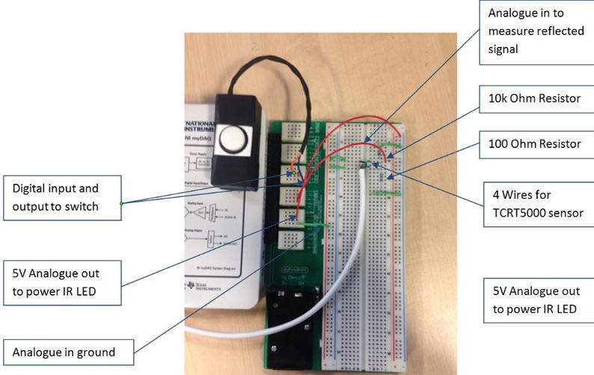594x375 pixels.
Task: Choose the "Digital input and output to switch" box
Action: click(61, 198)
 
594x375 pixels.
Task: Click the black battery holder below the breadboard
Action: click(291, 328)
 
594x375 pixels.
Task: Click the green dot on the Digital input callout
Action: click(120, 203)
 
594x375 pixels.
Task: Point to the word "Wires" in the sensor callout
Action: click(514, 195)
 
